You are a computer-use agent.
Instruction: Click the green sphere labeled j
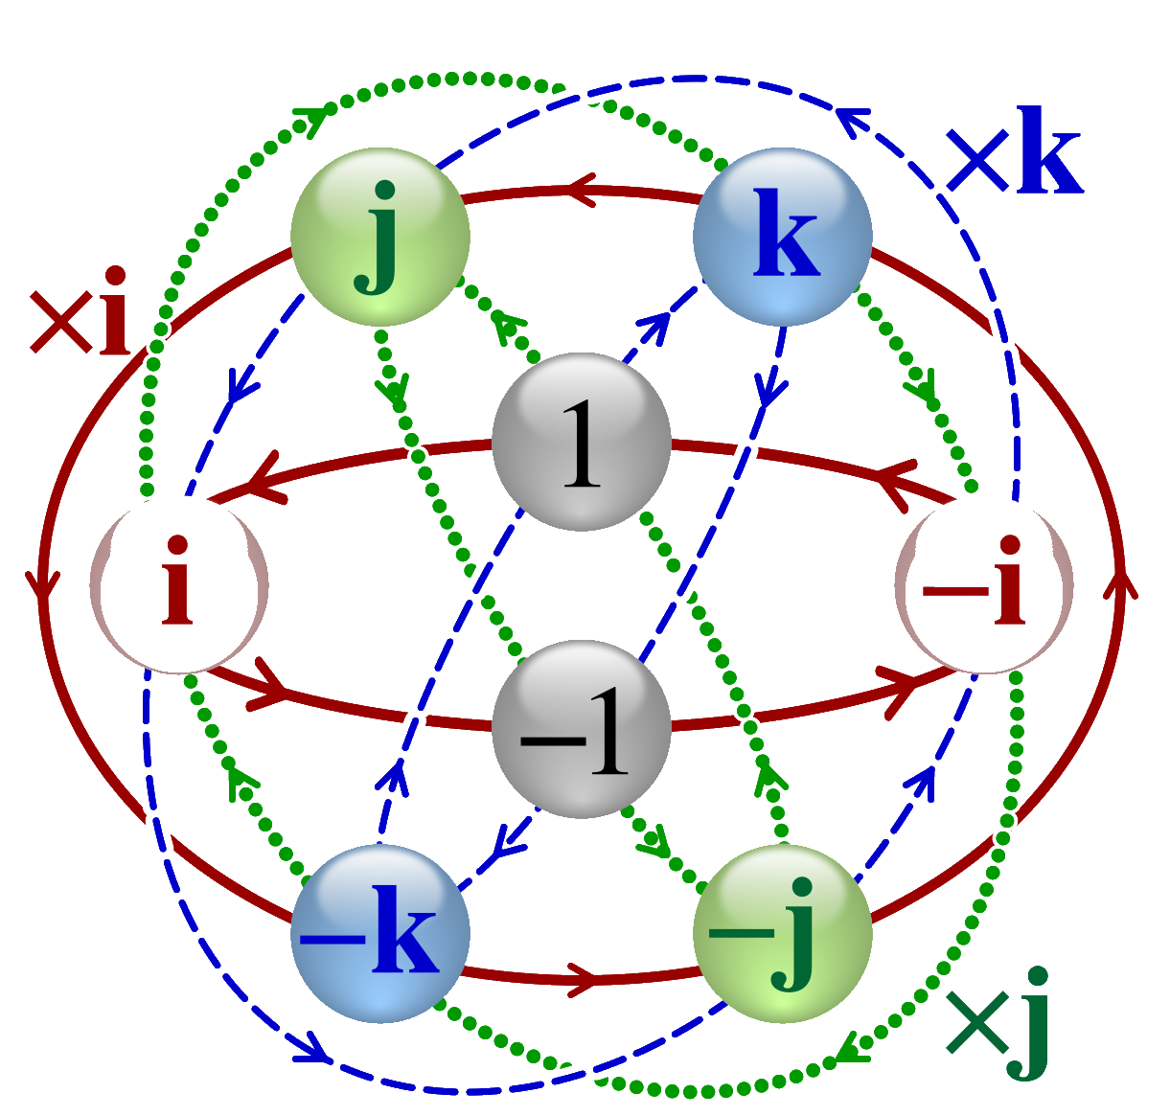coord(380,238)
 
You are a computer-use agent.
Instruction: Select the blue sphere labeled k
coord(783,238)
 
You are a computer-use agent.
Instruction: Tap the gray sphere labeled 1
coord(581,442)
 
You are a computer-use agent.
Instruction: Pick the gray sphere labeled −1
coord(581,729)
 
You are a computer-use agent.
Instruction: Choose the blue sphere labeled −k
coord(380,933)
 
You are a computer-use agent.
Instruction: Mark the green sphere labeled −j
coord(783,933)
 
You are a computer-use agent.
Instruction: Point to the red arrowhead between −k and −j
coord(583,979)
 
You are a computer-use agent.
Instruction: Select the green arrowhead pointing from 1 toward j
coord(505,330)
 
